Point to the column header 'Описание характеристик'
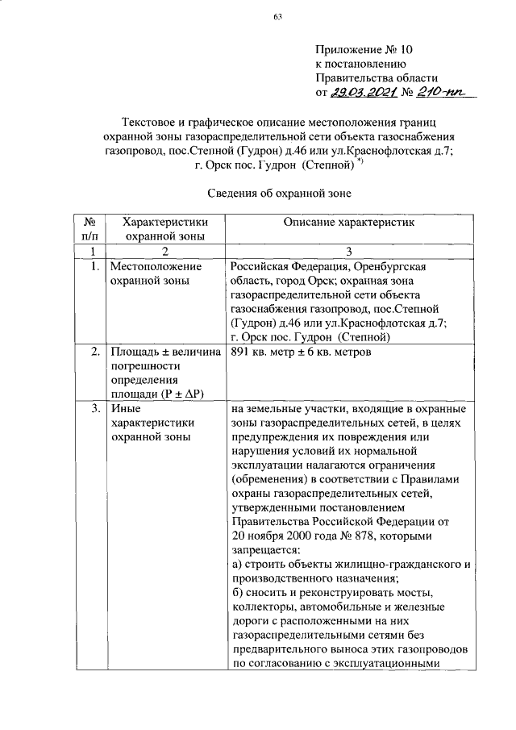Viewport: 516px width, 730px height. [x=347, y=221]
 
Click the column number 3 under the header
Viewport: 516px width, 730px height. [x=348, y=251]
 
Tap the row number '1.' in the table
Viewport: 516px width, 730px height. [x=95, y=266]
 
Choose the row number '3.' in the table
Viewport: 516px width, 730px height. [x=95, y=409]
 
